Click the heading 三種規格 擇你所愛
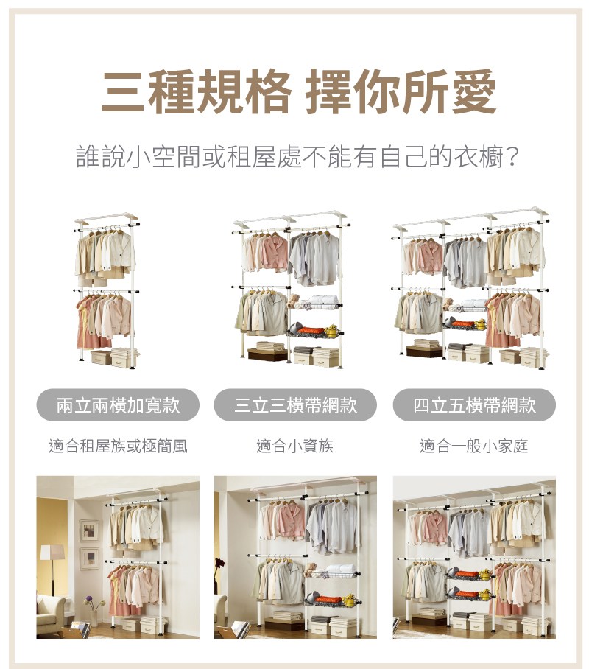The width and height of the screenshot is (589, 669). coord(299,91)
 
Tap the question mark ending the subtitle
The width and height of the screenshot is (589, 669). coord(512,157)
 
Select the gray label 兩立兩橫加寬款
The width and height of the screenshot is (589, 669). coord(118,405)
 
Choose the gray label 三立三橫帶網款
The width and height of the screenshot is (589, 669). coord(295,405)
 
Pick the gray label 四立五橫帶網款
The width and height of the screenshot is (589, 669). coord(474,405)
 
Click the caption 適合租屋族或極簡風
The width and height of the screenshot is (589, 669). coord(118,446)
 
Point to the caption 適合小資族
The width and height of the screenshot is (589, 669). coord(294,446)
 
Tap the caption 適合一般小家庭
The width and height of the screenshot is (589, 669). coord(474,446)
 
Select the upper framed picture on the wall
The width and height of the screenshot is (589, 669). coord(89,531)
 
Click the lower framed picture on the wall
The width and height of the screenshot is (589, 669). coord(90,558)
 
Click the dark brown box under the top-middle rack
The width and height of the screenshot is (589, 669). coord(267,354)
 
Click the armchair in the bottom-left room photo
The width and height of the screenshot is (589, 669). coord(51,611)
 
